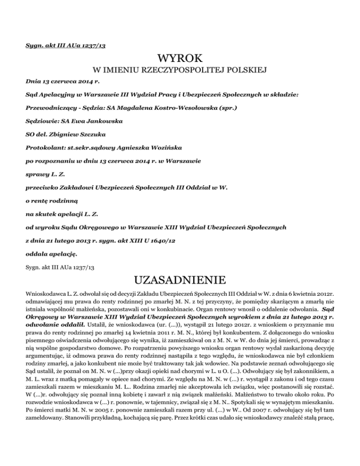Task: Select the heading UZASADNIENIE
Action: tap(180, 283)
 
